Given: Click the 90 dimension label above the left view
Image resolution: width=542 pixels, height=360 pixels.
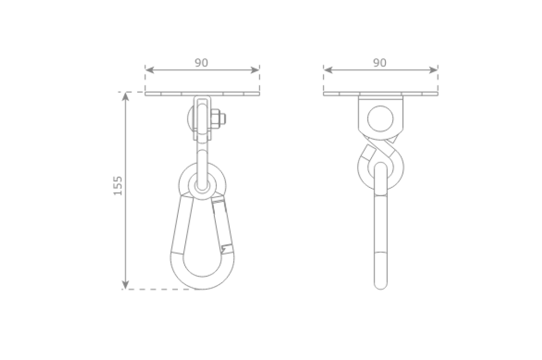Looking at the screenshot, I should (201, 63).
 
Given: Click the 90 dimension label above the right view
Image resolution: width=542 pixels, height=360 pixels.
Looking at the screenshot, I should (379, 63).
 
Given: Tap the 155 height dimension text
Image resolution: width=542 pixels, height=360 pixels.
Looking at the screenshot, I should (118, 185).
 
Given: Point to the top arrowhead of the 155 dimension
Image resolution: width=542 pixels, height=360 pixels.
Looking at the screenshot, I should (126, 97).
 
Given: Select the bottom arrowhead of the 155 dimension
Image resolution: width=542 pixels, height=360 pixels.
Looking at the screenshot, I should (126, 285).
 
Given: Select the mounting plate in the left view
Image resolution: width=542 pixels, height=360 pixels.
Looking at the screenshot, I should (202, 94).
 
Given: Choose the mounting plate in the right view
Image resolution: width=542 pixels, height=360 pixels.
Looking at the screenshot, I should (380, 94).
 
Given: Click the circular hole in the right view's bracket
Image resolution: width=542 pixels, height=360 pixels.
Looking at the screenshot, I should (380, 118).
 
